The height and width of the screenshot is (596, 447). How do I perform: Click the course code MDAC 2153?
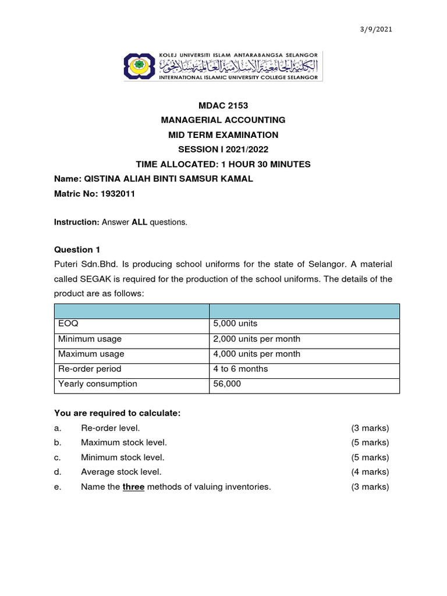click(x=223, y=105)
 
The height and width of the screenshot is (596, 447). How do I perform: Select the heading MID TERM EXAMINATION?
click(x=223, y=135)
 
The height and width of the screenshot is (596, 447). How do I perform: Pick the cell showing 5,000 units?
click(x=235, y=324)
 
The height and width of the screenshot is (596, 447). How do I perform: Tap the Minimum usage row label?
click(x=90, y=339)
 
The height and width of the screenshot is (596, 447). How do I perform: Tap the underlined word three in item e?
click(x=133, y=487)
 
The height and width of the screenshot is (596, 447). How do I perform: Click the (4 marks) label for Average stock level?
click(x=370, y=472)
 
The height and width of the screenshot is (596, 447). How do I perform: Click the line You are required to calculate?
click(x=118, y=413)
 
